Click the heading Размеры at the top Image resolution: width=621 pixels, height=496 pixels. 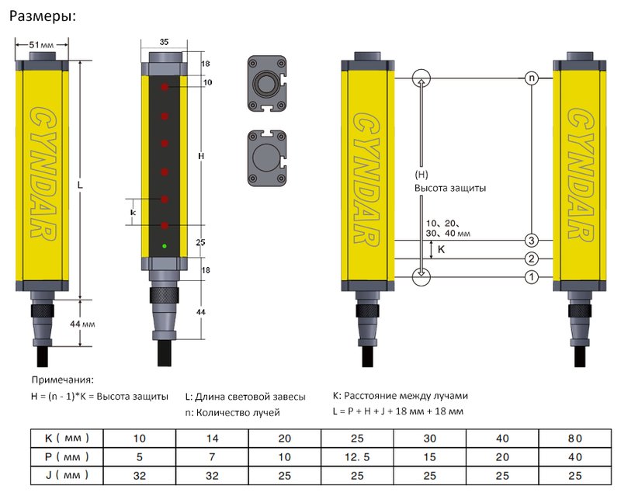click(x=42, y=16)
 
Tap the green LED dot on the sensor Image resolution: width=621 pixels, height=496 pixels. click(x=165, y=247)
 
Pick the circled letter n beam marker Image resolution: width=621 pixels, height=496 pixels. click(x=531, y=78)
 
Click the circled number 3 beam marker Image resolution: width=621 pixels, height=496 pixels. click(x=531, y=239)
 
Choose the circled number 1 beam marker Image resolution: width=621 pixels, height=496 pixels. click(x=531, y=277)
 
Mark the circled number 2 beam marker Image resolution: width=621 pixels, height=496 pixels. click(x=531, y=258)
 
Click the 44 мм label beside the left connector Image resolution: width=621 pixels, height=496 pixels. click(x=82, y=322)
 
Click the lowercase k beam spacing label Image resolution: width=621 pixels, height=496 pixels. click(x=132, y=211)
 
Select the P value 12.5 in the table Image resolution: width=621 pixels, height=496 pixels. click(x=358, y=456)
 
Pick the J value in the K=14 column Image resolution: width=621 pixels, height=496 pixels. click(x=212, y=474)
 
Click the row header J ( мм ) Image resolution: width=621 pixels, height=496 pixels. click(x=65, y=474)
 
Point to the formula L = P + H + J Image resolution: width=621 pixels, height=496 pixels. click(x=397, y=411)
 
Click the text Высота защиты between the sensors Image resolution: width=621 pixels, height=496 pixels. click(x=450, y=189)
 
